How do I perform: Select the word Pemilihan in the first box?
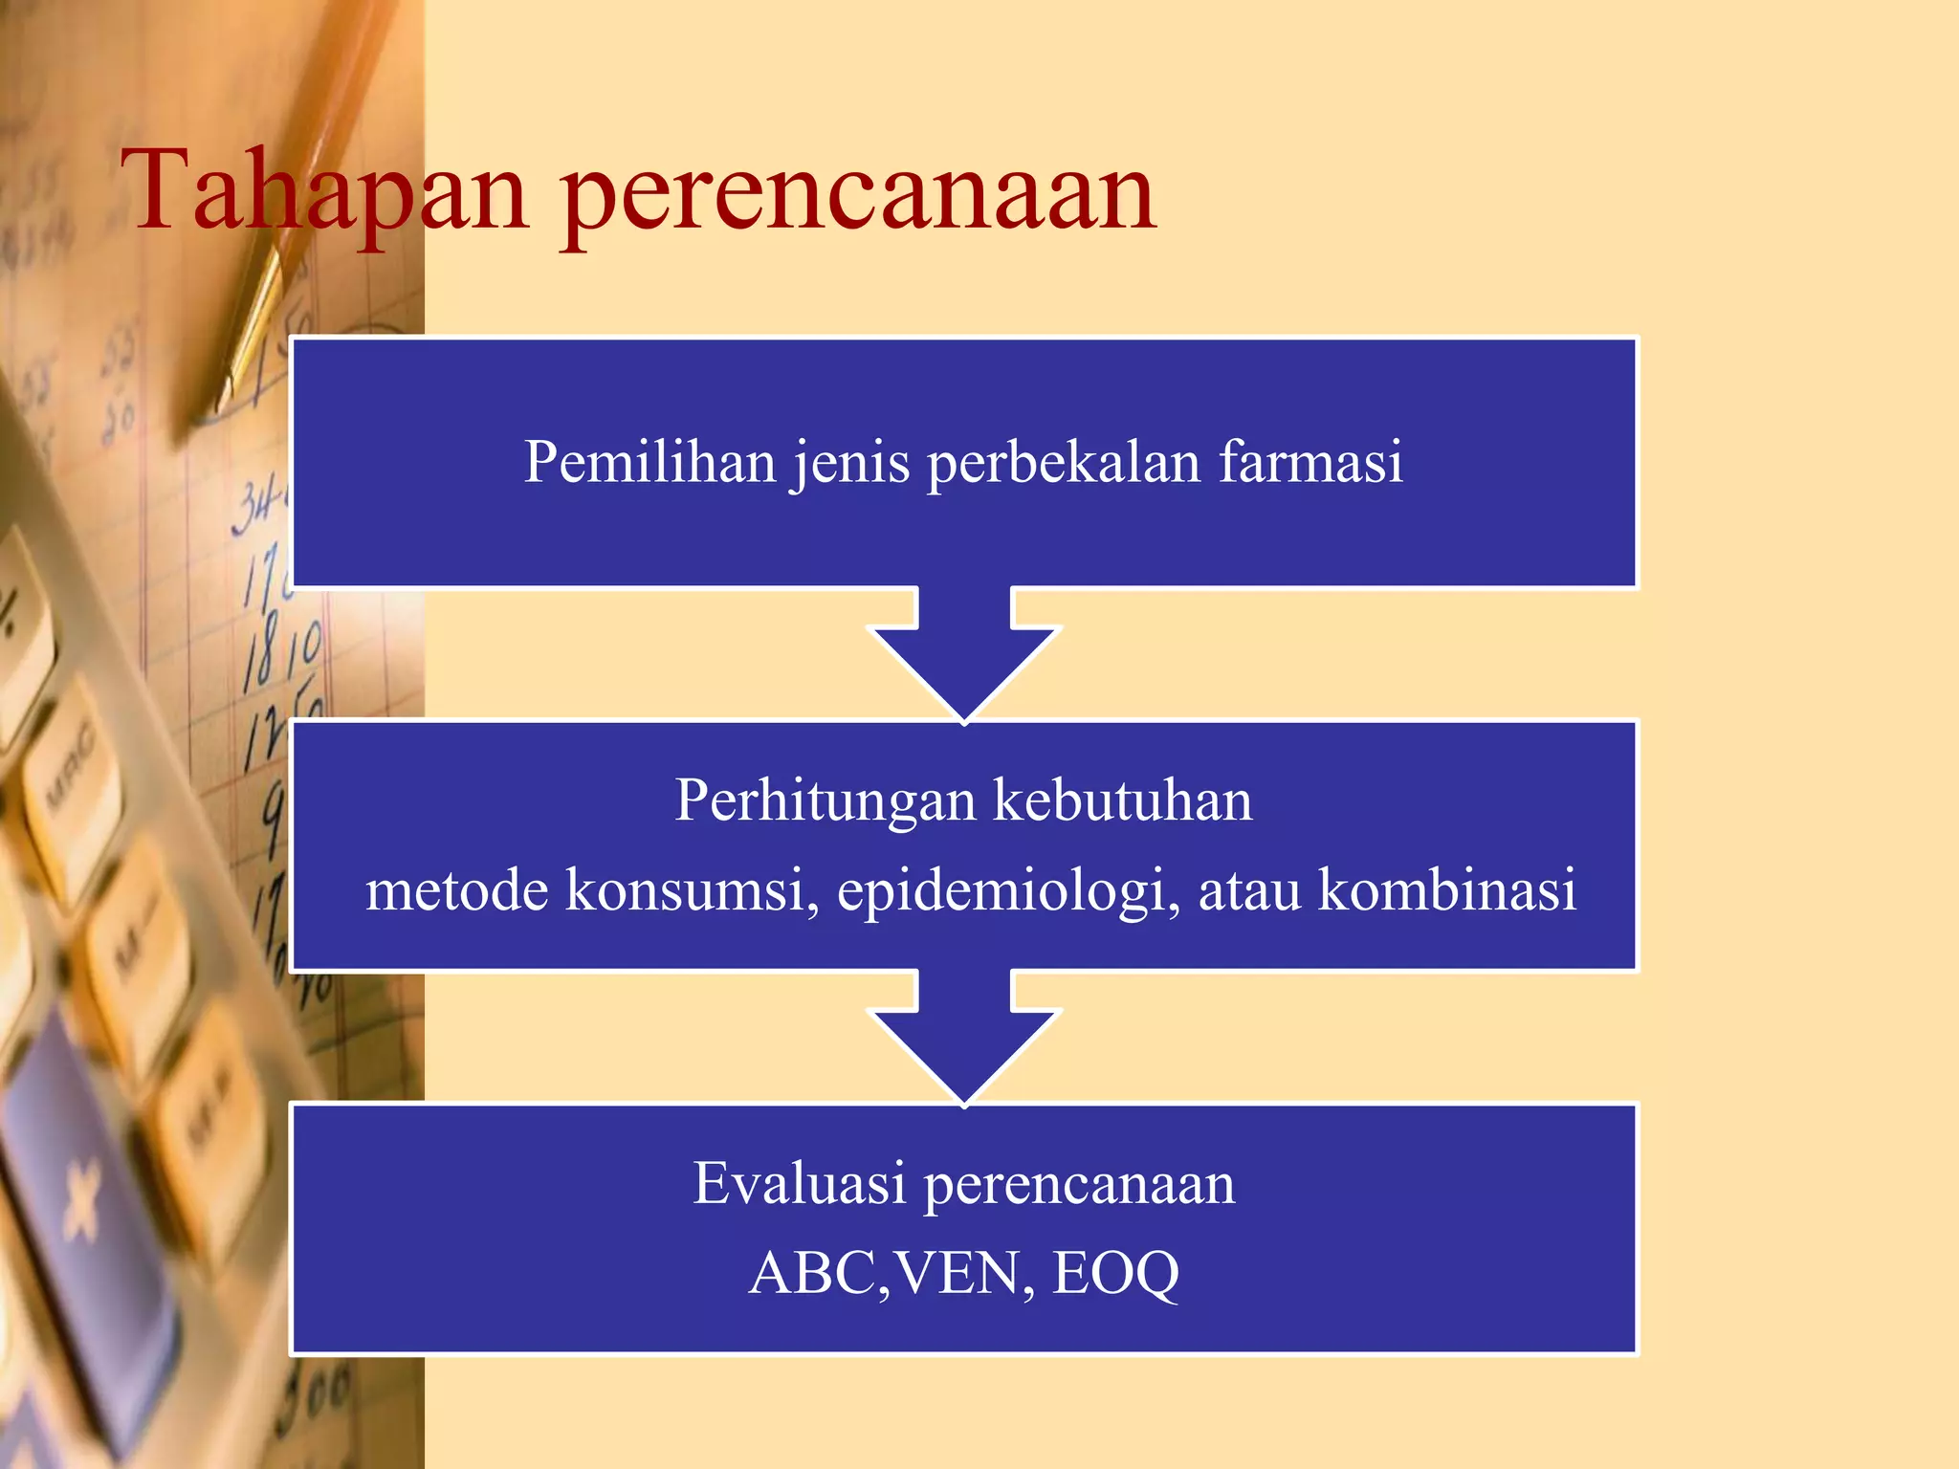point(649,462)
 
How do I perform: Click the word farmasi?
point(1310,462)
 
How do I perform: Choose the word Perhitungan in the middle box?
point(825,801)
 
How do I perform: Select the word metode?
point(456,889)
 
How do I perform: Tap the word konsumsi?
point(692,889)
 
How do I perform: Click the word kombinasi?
point(1446,889)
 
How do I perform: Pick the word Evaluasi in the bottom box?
point(799,1183)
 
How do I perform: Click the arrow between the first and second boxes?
point(964,655)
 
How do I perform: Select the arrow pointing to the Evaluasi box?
point(964,1038)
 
